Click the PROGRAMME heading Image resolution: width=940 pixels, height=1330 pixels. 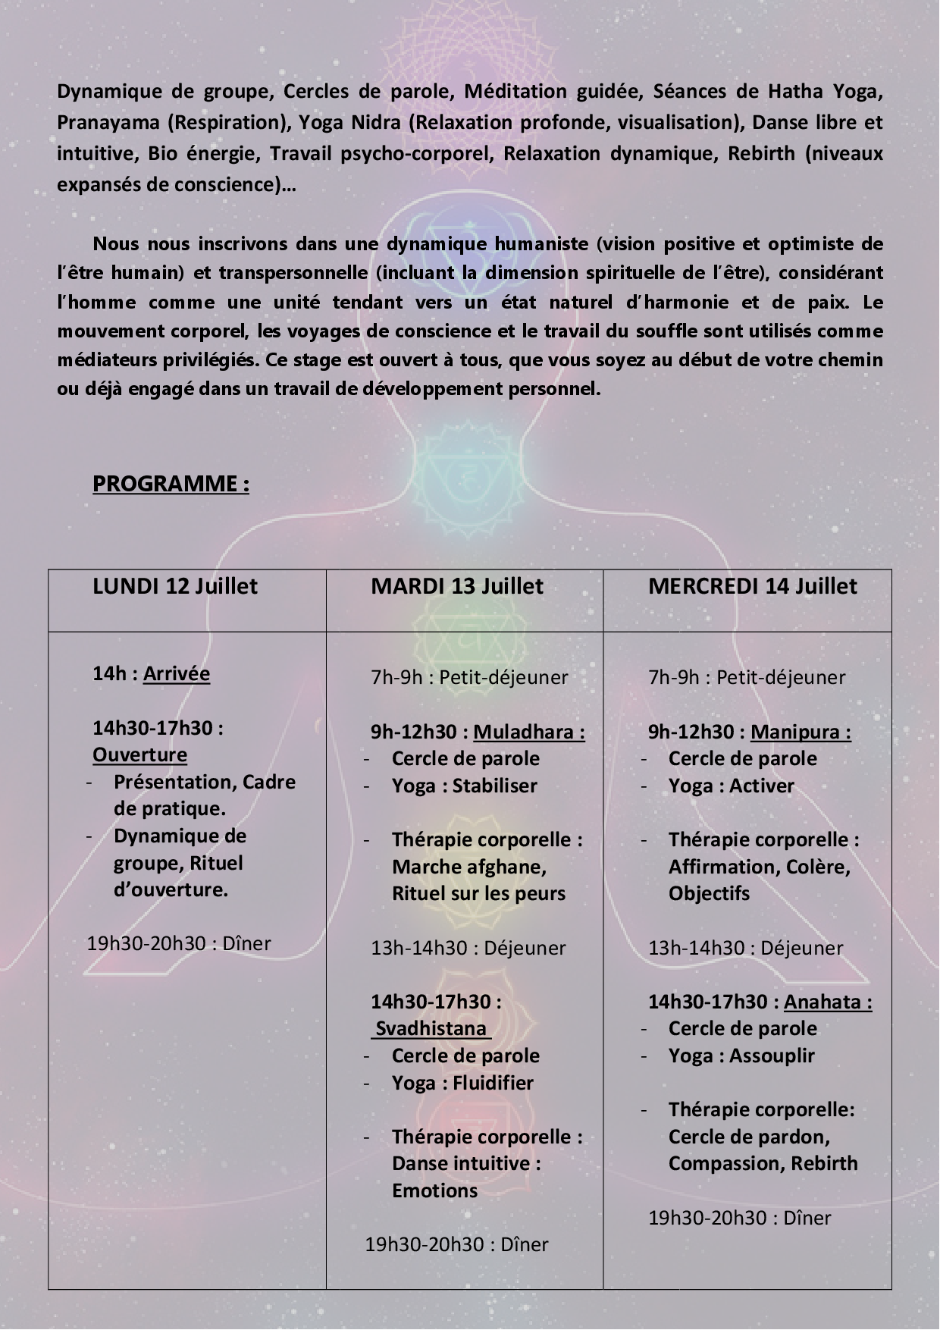tap(171, 484)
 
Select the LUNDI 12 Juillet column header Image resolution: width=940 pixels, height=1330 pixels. tap(175, 586)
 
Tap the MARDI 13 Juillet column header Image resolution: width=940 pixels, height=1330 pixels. tap(457, 586)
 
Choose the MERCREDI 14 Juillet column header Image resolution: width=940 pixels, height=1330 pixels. tap(753, 586)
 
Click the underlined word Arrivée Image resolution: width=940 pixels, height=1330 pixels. tap(177, 673)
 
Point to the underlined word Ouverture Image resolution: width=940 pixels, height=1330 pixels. tap(140, 754)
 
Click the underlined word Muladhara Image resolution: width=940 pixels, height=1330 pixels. tap(528, 732)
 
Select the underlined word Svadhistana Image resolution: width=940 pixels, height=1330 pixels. tap(431, 1028)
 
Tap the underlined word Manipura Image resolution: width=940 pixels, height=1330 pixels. tap(800, 732)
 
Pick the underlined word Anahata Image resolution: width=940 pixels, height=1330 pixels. tap(827, 1002)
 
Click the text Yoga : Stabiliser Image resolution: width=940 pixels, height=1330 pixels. tap(464, 786)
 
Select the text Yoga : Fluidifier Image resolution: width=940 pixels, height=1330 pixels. tap(462, 1083)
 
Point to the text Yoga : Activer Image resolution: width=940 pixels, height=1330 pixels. tap(732, 786)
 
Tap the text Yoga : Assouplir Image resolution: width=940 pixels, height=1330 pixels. tap(741, 1056)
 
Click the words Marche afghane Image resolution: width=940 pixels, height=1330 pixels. tap(468, 867)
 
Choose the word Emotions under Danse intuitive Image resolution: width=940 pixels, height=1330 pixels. tap(435, 1190)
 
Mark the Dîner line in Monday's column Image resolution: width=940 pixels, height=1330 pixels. tap(179, 943)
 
